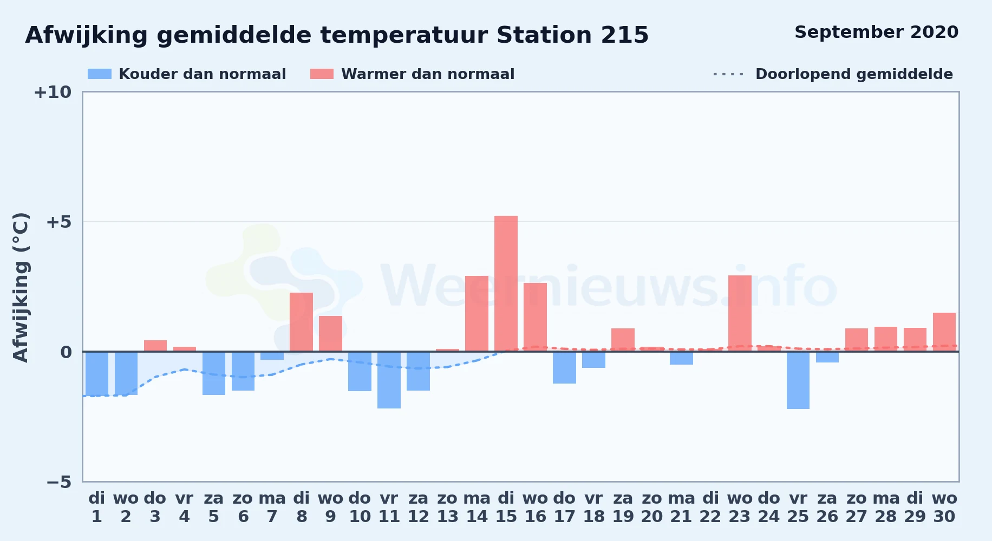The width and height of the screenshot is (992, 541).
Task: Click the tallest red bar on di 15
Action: point(506,283)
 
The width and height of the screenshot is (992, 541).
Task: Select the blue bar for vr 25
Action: point(798,380)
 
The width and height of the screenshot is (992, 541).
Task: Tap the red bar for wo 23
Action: point(740,313)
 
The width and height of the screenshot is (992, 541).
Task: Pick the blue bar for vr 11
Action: point(389,380)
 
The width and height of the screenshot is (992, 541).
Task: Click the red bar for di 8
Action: point(301,322)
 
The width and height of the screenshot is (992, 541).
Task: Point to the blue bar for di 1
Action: point(97,373)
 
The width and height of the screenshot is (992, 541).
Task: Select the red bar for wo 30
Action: point(944,332)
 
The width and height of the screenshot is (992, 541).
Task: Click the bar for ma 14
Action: point(477,314)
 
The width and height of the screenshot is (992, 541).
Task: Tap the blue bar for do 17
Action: point(564,367)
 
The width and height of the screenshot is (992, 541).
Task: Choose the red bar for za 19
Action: point(623,340)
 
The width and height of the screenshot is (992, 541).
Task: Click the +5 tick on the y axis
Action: point(59,222)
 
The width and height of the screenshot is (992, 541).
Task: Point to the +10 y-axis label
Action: point(53,92)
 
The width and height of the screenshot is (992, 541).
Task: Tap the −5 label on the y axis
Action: point(59,482)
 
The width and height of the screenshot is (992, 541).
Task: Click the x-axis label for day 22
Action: point(710,507)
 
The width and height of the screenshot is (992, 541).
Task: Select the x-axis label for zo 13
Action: point(447,507)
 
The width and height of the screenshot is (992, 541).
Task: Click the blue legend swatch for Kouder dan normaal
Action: point(100,74)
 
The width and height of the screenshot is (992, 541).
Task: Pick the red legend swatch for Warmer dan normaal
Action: point(322,74)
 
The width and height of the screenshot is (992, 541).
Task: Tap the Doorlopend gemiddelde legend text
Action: point(854,74)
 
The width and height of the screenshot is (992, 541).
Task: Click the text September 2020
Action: point(876,32)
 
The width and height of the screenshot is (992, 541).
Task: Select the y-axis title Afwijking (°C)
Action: point(21,287)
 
